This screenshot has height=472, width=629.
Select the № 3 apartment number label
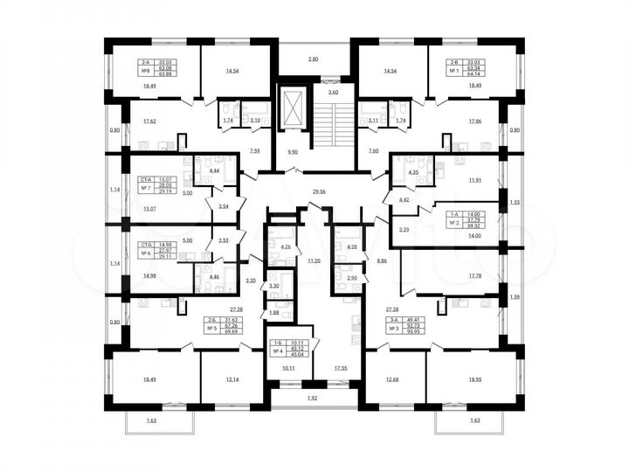coord(391,329)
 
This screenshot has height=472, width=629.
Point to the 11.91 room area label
coord(474,180)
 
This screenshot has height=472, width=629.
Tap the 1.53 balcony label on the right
coord(514,202)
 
